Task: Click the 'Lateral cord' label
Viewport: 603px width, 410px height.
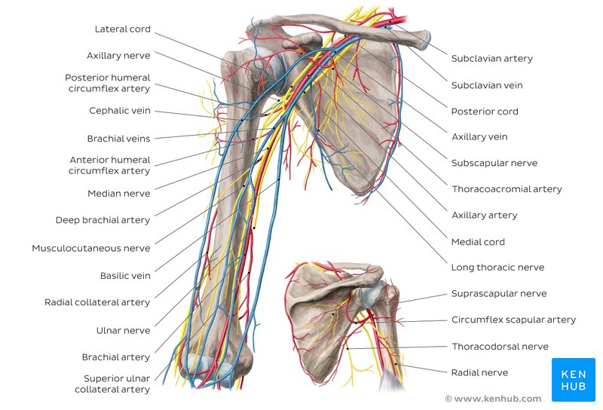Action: pyautogui.click(x=122, y=29)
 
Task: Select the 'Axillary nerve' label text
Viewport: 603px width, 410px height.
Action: pyautogui.click(x=118, y=56)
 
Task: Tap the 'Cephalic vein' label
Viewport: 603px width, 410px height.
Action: pyautogui.click(x=120, y=111)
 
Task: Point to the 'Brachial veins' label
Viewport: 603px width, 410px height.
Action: pyautogui.click(x=118, y=139)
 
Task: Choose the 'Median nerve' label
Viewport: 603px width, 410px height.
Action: pyautogui.click(x=119, y=194)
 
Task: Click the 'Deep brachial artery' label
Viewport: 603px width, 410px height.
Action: pyautogui.click(x=103, y=221)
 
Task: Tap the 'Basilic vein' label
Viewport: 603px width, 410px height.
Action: pyautogui.click(x=125, y=276)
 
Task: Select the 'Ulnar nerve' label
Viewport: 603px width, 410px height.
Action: pyautogui.click(x=124, y=331)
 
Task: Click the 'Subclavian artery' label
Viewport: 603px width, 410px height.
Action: pyautogui.click(x=491, y=59)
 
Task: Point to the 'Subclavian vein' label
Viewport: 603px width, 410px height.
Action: pyautogui.click(x=487, y=86)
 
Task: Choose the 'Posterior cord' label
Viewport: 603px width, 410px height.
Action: pyautogui.click(x=485, y=112)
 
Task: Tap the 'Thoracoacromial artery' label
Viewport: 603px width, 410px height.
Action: pyautogui.click(x=507, y=189)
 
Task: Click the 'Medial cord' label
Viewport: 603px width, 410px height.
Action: pyautogui.click(x=478, y=242)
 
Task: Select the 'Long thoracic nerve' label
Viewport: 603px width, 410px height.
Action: pyautogui.click(x=497, y=268)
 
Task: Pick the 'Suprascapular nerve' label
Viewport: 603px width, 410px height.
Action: pyautogui.click(x=499, y=294)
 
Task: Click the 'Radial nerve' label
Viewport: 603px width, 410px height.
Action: pyautogui.click(x=479, y=372)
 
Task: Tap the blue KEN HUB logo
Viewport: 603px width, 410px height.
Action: pyautogui.click(x=573, y=379)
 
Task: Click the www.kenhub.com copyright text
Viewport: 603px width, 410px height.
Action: pyautogui.click(x=493, y=399)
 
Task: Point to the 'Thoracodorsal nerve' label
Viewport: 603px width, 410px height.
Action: pyautogui.click(x=500, y=347)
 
